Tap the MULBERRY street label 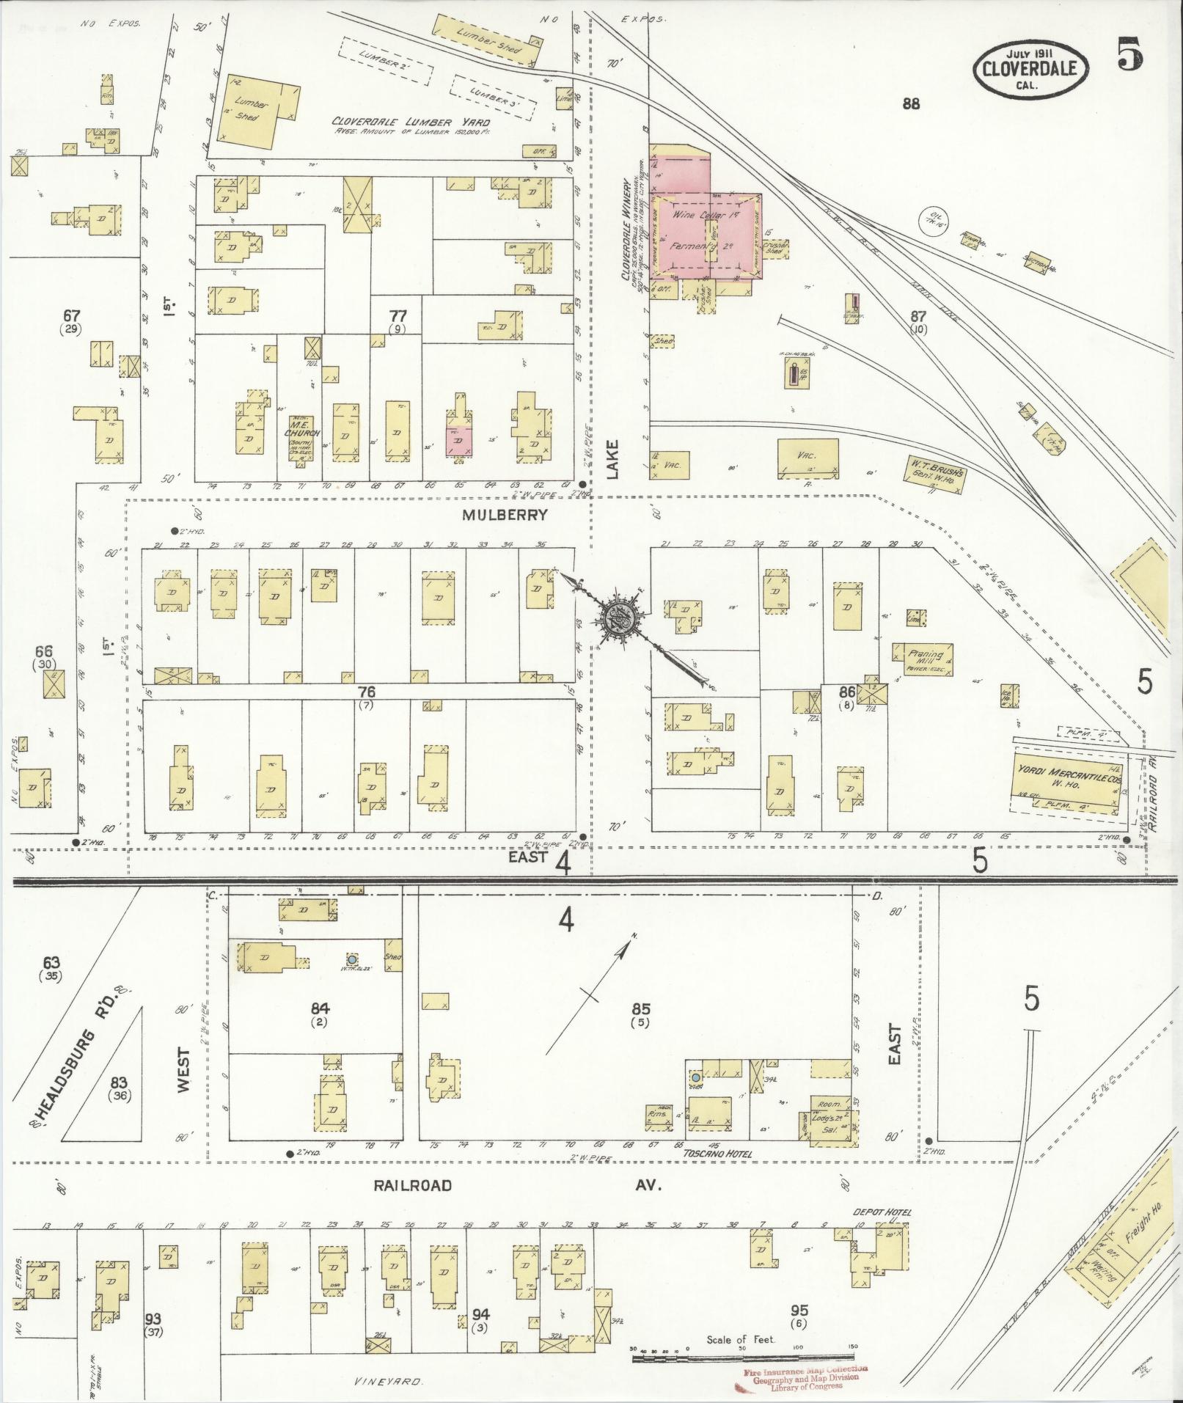(x=504, y=515)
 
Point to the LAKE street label (x=613, y=459)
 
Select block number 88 (x=911, y=104)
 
